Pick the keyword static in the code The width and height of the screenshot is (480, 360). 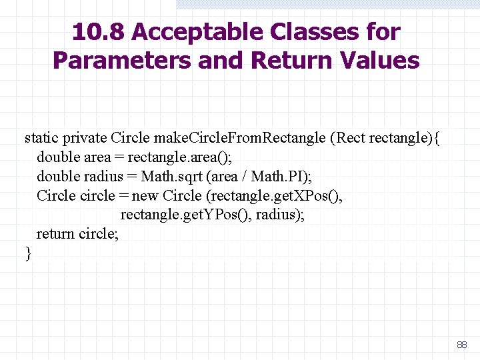(x=41, y=138)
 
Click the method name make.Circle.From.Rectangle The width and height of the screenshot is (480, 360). (x=240, y=138)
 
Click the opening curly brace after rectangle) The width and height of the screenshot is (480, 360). (x=437, y=139)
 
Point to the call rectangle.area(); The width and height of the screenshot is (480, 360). (x=175, y=157)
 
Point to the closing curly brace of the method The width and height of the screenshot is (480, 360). (x=28, y=253)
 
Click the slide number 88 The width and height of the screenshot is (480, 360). (x=461, y=345)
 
